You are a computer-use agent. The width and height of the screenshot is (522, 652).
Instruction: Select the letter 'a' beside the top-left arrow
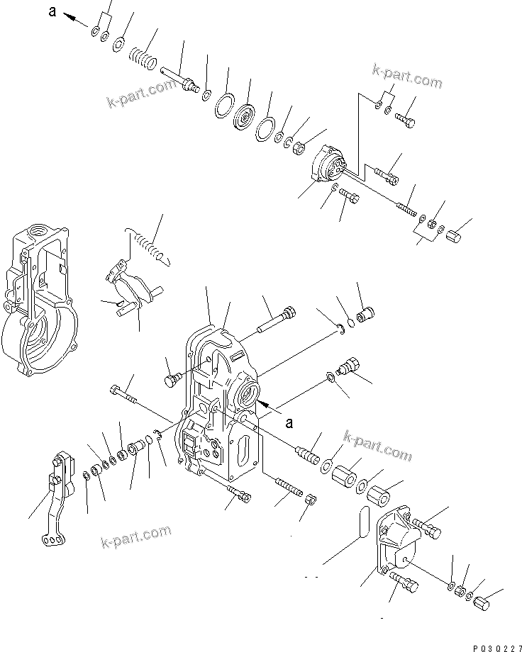[x=51, y=11]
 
